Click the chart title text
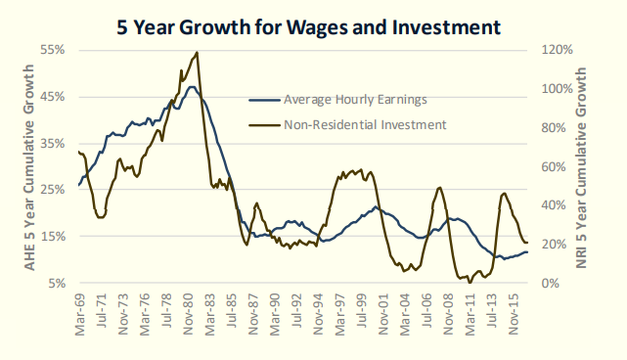[308, 27]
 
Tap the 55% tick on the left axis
[53, 50]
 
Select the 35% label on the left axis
[53, 143]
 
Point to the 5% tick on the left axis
[57, 283]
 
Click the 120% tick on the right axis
[557, 50]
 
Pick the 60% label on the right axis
[554, 167]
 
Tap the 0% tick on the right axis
[551, 283]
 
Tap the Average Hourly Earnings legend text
[355, 99]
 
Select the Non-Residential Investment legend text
[365, 125]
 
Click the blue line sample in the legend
[264, 100]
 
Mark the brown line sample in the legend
[264, 125]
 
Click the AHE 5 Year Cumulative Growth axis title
[29, 167]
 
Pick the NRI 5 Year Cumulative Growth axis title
[581, 167]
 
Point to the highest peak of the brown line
[197, 53]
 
